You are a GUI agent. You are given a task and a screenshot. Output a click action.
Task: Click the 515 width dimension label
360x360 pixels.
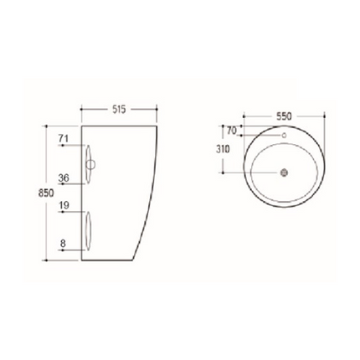tap(118, 110)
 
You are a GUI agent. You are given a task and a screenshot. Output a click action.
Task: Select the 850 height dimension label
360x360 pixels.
tap(33, 193)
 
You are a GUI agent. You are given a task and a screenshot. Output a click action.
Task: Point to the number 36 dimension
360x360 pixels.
tap(63, 177)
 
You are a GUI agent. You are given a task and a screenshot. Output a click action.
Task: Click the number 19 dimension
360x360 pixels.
tap(63, 206)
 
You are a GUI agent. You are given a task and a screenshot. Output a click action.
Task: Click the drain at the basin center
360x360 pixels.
tap(283, 173)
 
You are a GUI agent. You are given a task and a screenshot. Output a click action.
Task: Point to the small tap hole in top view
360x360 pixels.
tap(283, 136)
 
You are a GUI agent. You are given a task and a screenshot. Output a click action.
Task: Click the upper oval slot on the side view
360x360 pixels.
tap(89, 159)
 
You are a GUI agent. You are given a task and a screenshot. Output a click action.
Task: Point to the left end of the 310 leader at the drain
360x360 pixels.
tap(223, 173)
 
